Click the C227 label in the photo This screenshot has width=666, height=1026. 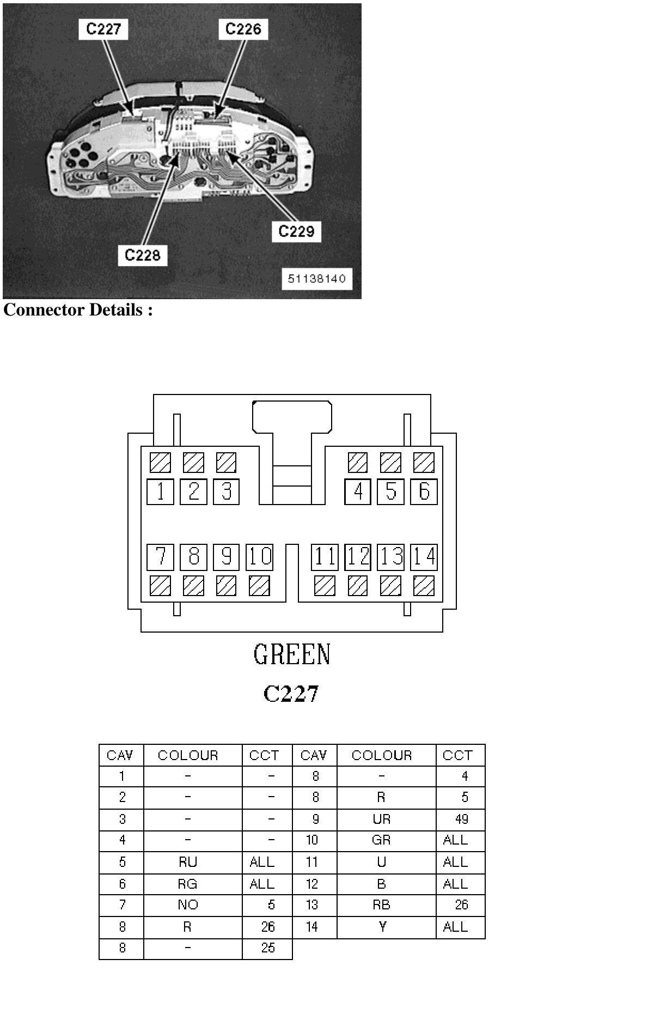103,29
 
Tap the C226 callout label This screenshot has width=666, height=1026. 243,29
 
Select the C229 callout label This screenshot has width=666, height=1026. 296,232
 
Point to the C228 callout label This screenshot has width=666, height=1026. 143,255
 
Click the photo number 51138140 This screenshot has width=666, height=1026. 317,279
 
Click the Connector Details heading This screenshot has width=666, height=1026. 78,310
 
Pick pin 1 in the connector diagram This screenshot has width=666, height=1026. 160,491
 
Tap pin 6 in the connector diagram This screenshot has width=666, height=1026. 424,491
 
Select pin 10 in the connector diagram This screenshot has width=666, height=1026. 259,557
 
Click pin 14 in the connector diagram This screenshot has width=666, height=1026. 424,557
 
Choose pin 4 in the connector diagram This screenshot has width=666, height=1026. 358,491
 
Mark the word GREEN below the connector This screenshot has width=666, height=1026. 292,654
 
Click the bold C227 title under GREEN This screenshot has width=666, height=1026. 291,694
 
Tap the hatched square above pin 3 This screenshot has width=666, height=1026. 226,463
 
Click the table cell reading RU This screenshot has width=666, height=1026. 188,862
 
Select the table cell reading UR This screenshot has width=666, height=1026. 381,819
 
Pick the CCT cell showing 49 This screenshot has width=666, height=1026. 461,819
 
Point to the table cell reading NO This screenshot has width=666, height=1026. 188,905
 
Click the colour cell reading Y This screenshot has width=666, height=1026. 382,927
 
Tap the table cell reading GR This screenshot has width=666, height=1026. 381,840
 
